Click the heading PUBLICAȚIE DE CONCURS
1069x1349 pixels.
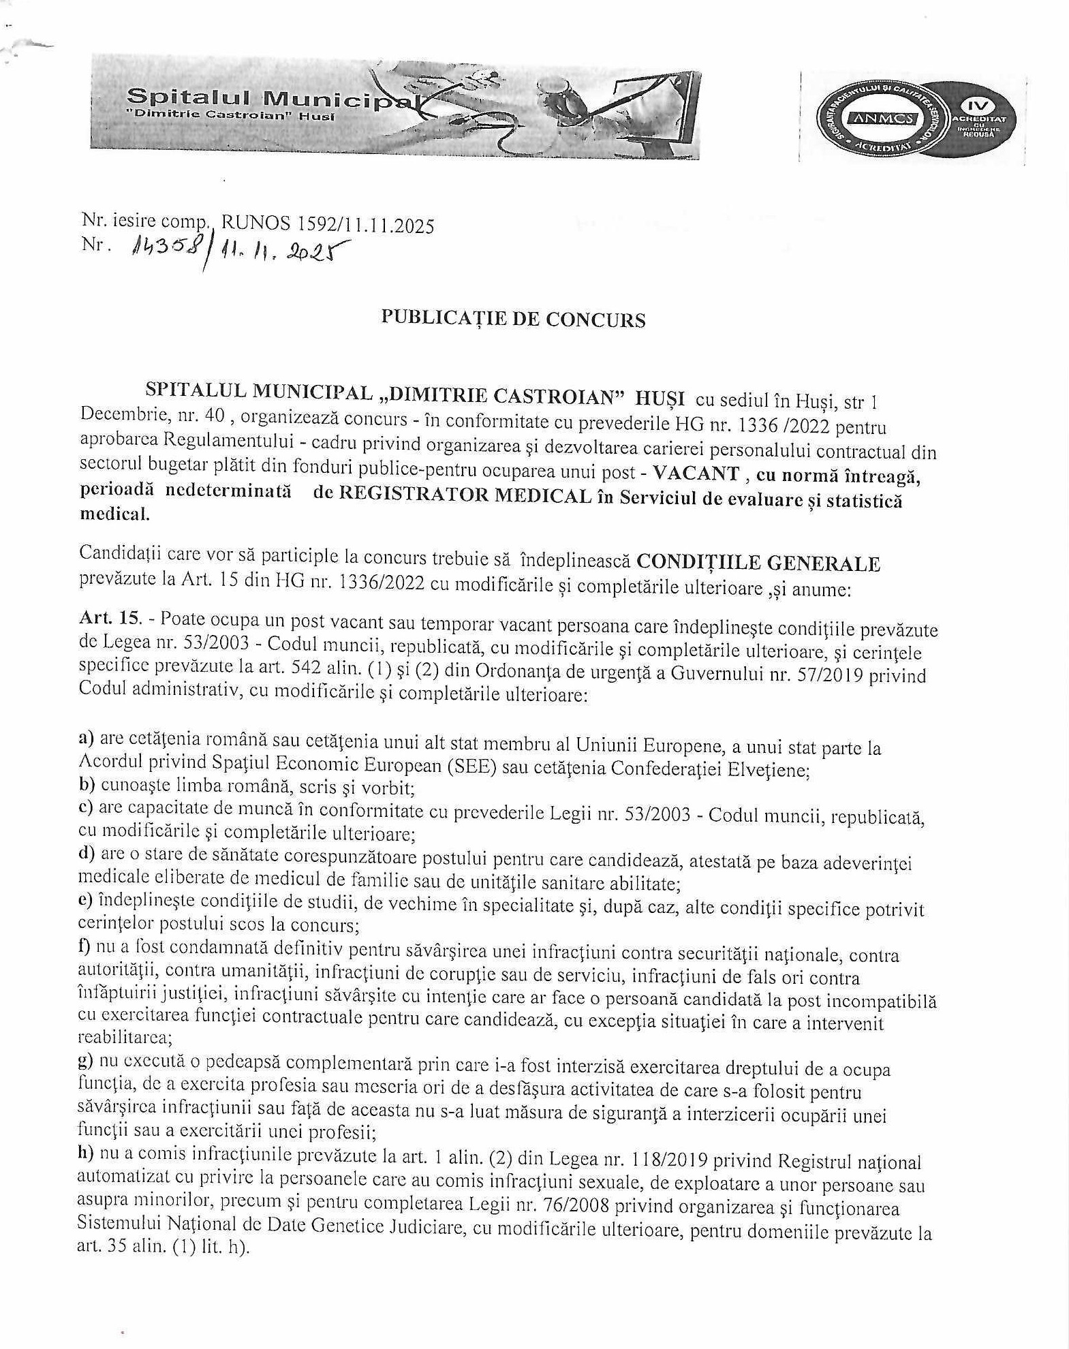(513, 319)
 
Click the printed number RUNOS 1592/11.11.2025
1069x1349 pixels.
(328, 224)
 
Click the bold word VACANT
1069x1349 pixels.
(696, 473)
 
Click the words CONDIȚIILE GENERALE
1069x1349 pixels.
(758, 563)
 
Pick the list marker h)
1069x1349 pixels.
(87, 1153)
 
